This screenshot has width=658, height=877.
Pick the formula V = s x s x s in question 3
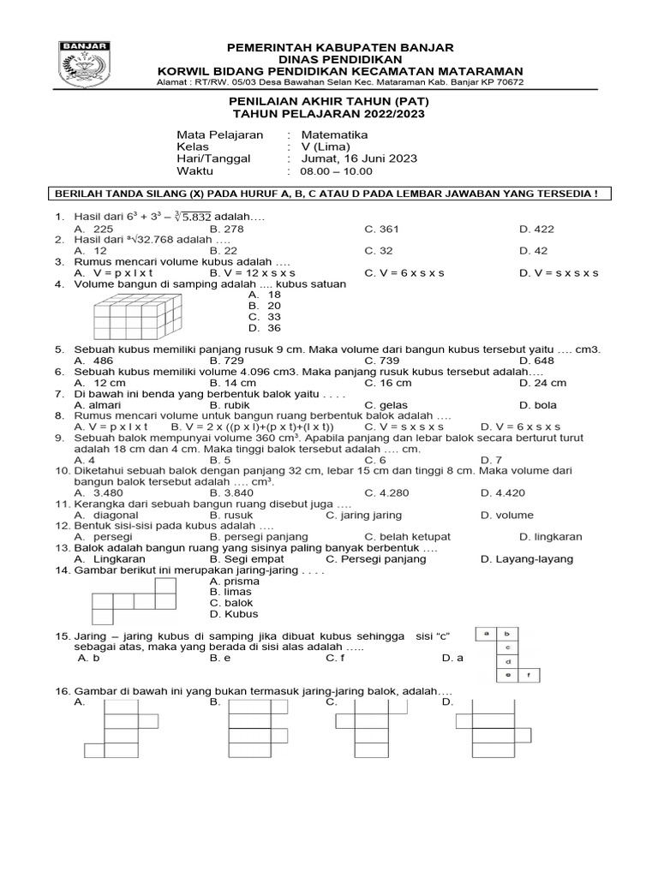tap(559, 272)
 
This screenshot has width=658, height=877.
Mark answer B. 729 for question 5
tap(227, 361)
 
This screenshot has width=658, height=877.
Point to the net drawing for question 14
tap(135, 600)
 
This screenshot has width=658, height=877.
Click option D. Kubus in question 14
tap(234, 614)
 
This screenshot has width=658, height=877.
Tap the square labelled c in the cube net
tap(508, 647)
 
